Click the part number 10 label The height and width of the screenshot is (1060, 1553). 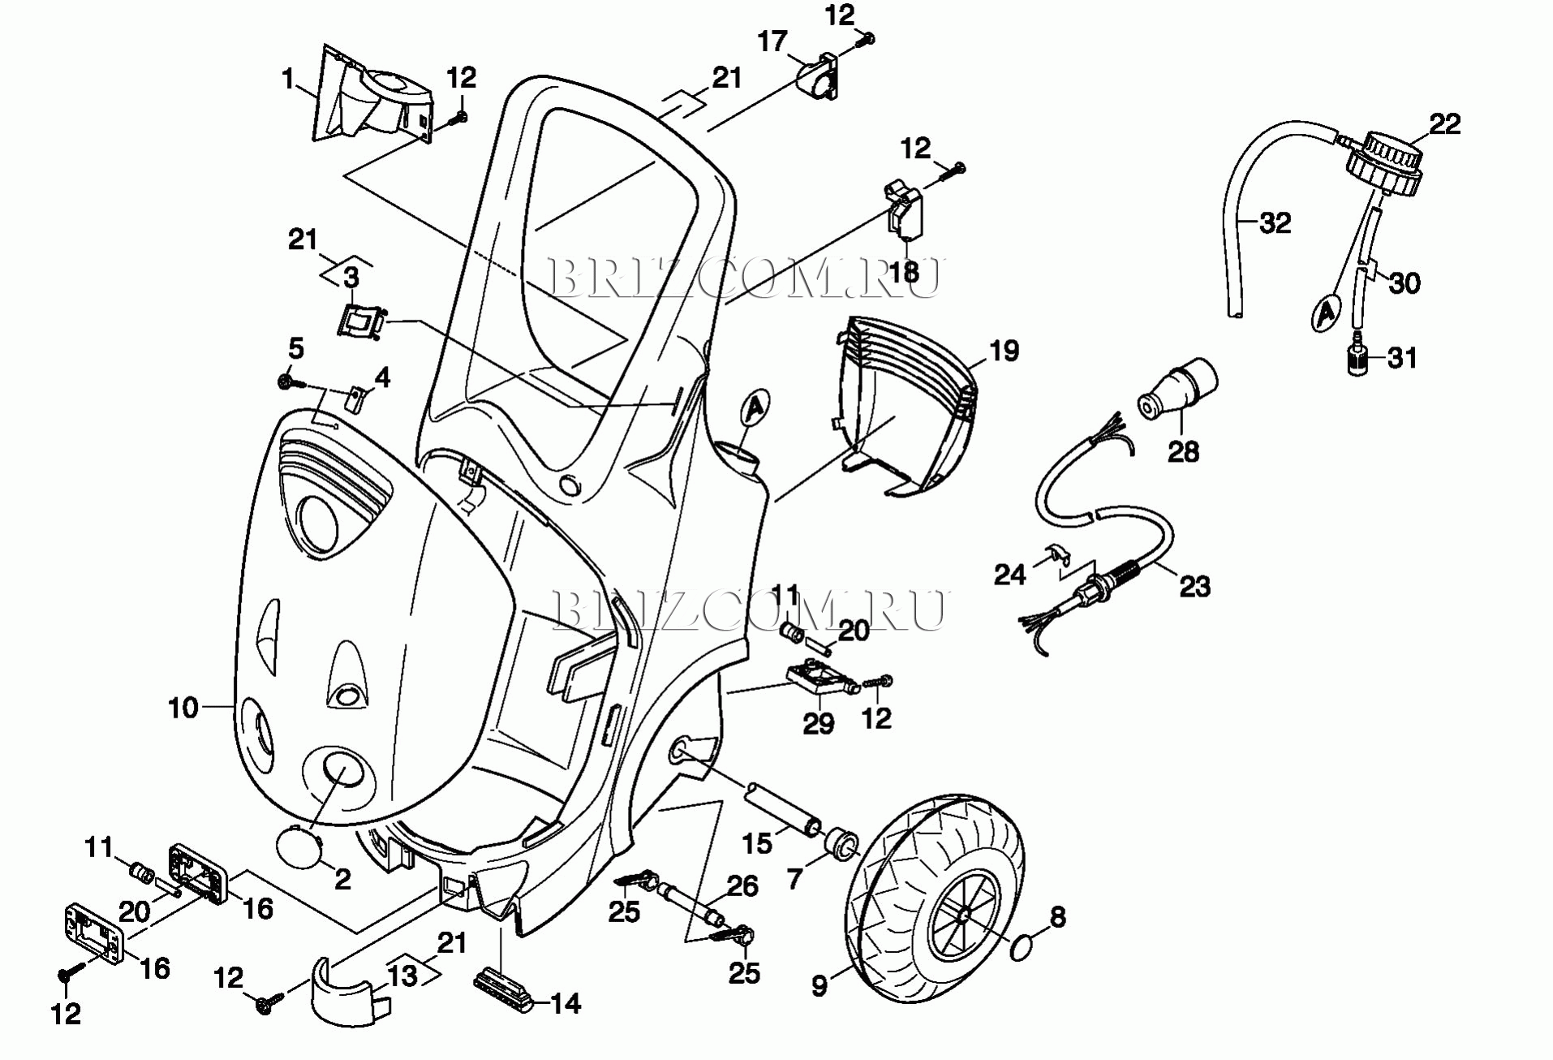pos(183,708)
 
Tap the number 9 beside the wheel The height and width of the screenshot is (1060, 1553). pos(820,985)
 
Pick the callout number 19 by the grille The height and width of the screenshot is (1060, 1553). pos(1004,351)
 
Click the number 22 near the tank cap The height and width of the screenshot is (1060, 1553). pos(1444,124)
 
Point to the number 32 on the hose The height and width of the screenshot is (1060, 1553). pos(1275,222)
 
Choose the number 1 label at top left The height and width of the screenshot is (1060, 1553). pos(287,80)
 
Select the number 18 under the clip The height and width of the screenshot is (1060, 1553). pos(903,271)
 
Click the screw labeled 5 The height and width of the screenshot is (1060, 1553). pos(286,381)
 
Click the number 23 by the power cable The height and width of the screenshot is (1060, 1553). pos(1194,586)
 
